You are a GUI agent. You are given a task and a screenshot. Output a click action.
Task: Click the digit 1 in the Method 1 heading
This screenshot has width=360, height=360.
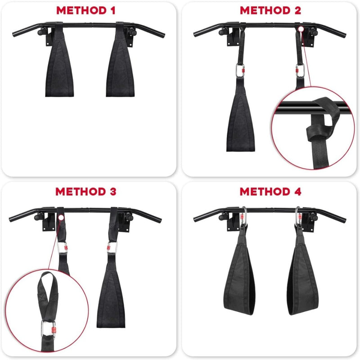(x=112, y=10)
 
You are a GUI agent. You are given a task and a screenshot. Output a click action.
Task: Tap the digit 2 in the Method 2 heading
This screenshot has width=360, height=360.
(x=298, y=10)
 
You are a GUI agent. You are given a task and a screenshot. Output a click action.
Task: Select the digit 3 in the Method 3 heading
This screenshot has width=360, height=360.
(x=113, y=192)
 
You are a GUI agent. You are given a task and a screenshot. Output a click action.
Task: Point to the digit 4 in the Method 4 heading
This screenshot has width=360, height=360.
(x=298, y=192)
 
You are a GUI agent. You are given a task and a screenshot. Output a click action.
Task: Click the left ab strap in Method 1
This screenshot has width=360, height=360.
(x=59, y=62)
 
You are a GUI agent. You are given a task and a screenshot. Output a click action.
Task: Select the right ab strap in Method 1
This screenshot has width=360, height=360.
(x=120, y=62)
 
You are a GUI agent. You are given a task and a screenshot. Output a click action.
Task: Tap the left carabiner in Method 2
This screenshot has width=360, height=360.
(x=240, y=71)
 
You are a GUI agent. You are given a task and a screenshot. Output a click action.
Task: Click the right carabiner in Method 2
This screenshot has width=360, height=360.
(x=300, y=71)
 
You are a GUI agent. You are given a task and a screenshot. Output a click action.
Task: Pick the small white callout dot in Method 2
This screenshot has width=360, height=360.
(x=301, y=29)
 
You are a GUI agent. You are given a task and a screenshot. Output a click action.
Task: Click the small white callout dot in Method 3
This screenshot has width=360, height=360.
(x=61, y=217)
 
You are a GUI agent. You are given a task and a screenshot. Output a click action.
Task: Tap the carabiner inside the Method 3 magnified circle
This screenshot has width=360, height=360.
(x=49, y=329)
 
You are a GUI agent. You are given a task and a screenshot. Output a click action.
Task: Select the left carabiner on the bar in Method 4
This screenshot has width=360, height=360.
(x=244, y=216)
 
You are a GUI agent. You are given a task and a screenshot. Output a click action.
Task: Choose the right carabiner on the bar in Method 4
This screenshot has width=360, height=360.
(x=298, y=216)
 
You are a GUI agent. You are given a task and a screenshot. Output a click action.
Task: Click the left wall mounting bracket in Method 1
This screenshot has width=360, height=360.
(x=49, y=37)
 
